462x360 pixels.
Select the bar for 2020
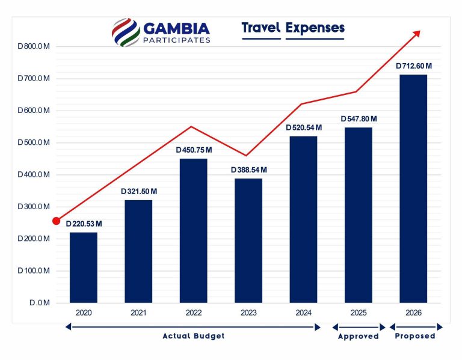click(x=83, y=267)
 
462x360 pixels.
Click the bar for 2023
click(x=248, y=240)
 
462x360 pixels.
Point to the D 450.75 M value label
click(x=194, y=150)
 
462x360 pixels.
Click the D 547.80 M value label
click(x=359, y=118)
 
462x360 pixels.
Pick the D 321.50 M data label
click(x=139, y=191)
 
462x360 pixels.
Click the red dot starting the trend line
click(x=57, y=221)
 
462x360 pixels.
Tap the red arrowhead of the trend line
click(x=415, y=34)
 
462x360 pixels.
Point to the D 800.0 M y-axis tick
click(x=34, y=46)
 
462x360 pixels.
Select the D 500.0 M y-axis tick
click(x=34, y=142)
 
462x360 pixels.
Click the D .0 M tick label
click(x=38, y=303)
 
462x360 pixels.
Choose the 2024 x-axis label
click(x=303, y=313)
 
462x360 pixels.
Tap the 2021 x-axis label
click(x=138, y=313)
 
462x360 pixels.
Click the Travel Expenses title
click(x=293, y=28)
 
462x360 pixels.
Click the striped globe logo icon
click(x=125, y=31)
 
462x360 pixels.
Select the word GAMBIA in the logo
click(x=176, y=28)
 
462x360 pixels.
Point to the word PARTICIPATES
click(x=176, y=40)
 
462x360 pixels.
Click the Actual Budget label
click(x=193, y=336)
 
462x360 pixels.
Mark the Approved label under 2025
click(x=359, y=336)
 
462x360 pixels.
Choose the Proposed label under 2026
click(x=414, y=336)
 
